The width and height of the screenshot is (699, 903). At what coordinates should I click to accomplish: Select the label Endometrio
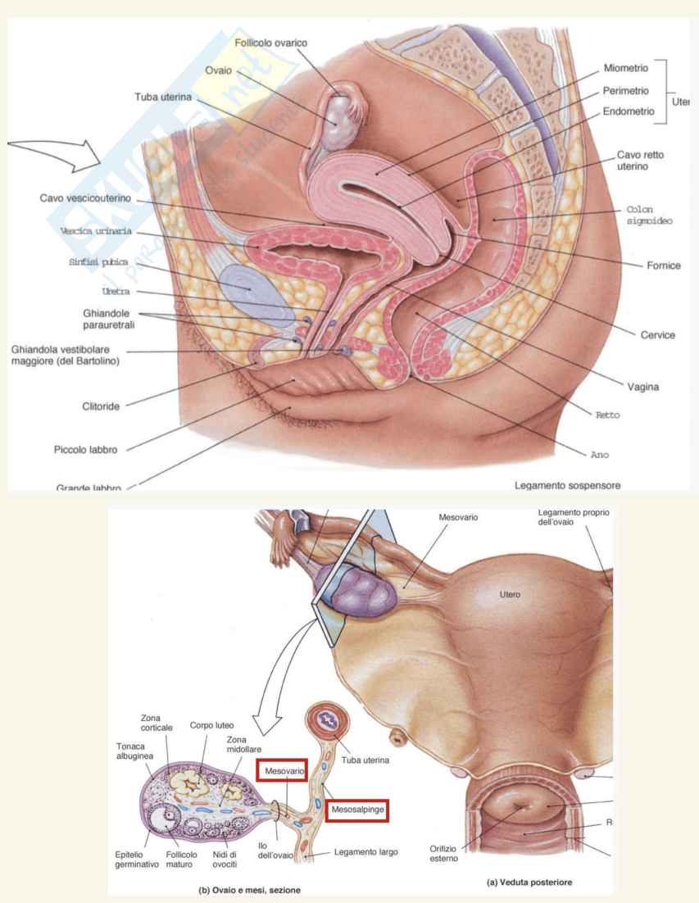pyautogui.click(x=629, y=111)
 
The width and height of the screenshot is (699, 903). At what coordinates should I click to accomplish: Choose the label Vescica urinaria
pyautogui.click(x=96, y=231)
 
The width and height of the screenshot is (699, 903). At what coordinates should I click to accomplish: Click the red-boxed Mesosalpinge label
pyautogui.click(x=356, y=810)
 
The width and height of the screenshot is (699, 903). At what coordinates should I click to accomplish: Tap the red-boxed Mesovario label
pyautogui.click(x=283, y=771)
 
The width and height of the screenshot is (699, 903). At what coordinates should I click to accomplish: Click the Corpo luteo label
pyautogui.click(x=213, y=725)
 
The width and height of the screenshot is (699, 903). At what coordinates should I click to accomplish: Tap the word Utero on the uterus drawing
pyautogui.click(x=511, y=593)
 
